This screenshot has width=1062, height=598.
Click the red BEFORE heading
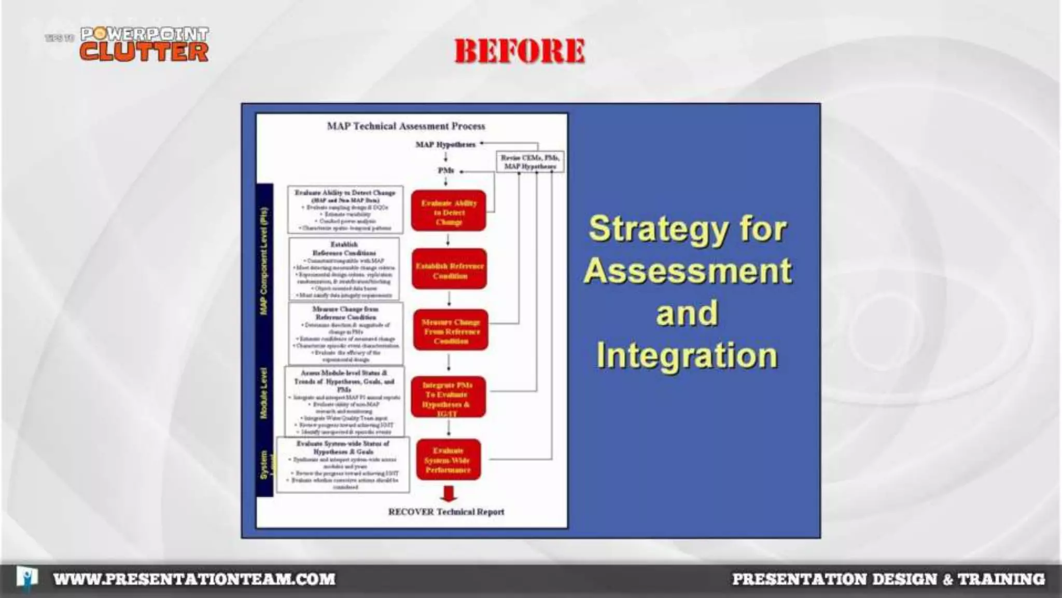tap(520, 51)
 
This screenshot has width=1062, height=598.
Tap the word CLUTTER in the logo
tap(144, 52)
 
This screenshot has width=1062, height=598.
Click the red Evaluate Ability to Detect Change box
tap(449, 211)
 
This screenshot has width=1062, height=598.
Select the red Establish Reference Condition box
tap(450, 270)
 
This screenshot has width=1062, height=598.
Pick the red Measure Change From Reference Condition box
tap(451, 331)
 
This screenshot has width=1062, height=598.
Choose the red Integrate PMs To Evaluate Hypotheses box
tap(448, 398)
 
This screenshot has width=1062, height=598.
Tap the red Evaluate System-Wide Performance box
tap(449, 460)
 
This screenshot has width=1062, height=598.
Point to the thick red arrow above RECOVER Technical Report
tap(449, 494)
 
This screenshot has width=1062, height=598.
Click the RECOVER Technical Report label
tap(446, 512)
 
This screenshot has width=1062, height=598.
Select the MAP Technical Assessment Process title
tap(406, 126)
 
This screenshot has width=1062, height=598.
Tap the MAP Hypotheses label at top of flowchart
tap(445, 144)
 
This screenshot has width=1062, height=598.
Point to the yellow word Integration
tap(687, 355)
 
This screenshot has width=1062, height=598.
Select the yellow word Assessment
tap(688, 271)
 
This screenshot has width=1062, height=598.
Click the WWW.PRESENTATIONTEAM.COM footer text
tap(194, 579)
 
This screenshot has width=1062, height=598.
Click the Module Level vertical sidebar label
tap(264, 393)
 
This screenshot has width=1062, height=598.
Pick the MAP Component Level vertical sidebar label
tap(264, 261)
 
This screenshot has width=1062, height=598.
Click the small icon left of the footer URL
tap(26, 577)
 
